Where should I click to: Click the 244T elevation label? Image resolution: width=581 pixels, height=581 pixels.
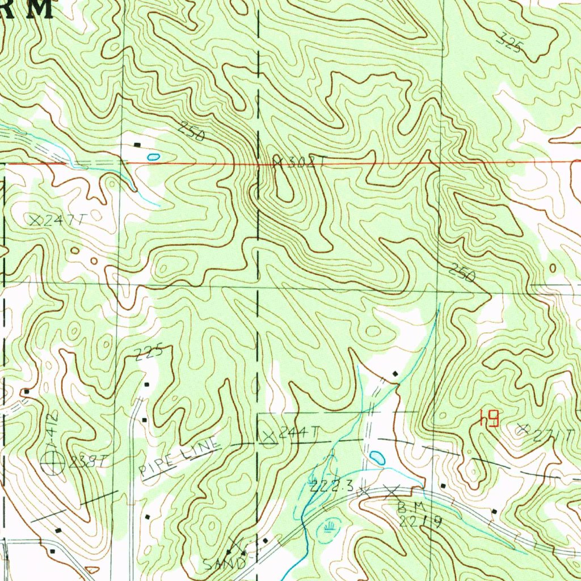click(299, 433)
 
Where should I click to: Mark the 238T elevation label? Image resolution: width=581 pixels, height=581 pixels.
click(86, 462)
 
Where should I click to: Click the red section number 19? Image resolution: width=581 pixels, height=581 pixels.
click(489, 419)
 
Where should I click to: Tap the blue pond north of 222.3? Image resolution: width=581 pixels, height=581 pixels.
click(376, 457)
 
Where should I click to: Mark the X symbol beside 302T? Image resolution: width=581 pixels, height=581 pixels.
click(277, 162)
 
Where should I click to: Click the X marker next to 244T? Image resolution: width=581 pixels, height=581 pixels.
click(269, 436)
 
